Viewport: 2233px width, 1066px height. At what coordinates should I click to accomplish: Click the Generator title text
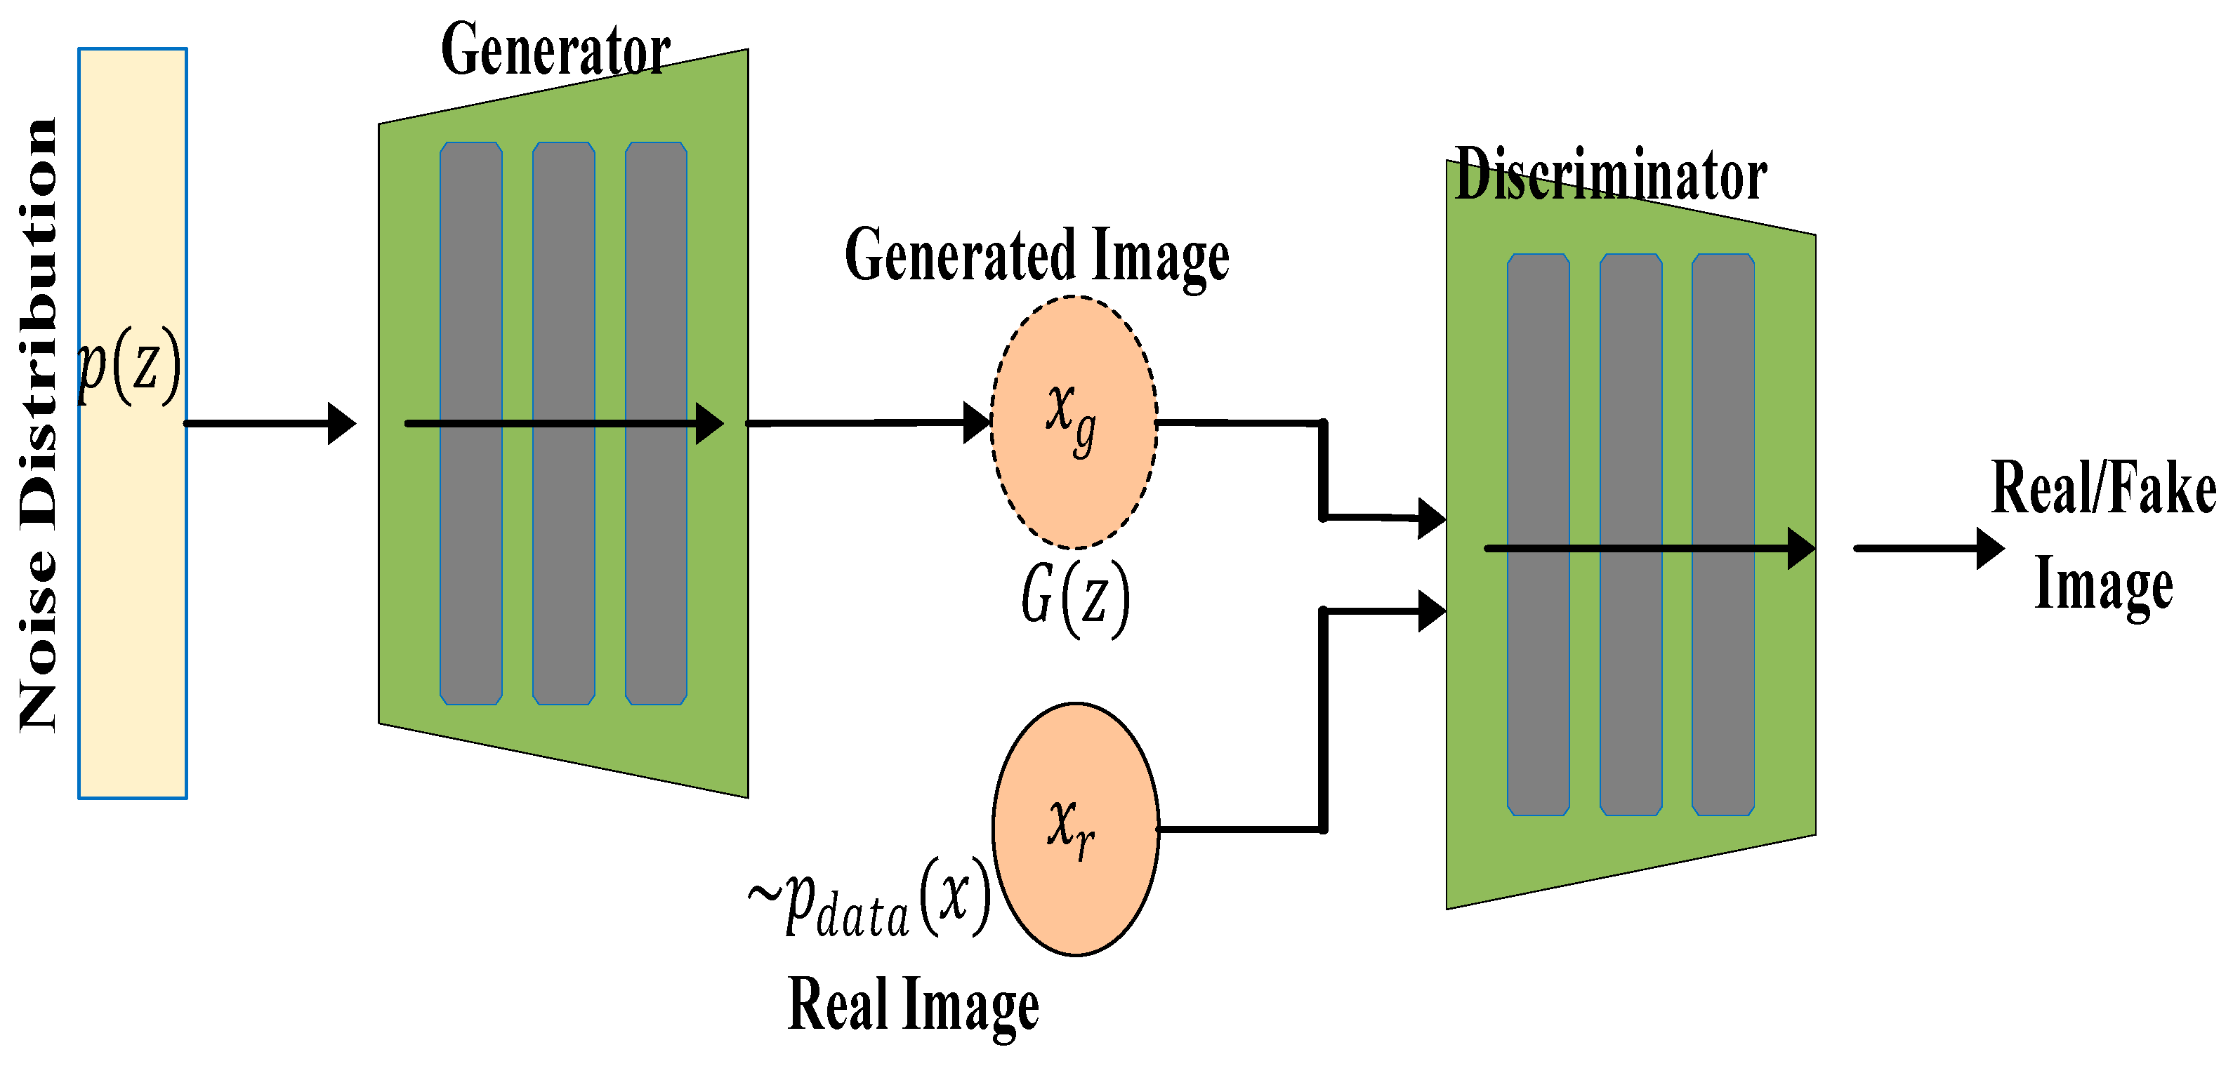[x=555, y=51]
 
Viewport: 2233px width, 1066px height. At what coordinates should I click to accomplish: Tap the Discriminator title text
[x=1609, y=175]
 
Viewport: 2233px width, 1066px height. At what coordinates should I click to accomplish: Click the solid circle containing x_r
[x=1075, y=830]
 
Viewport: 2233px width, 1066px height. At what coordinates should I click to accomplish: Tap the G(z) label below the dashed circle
[x=1075, y=598]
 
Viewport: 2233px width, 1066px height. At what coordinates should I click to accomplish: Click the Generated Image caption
[x=1036, y=255]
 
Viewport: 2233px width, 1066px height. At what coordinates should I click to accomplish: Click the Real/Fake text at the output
[x=2103, y=489]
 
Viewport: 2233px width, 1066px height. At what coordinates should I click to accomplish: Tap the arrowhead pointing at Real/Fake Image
[x=1989, y=549]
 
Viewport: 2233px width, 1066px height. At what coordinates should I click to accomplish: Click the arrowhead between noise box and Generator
[x=341, y=424]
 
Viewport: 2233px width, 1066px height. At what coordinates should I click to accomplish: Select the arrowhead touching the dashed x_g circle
[x=977, y=423]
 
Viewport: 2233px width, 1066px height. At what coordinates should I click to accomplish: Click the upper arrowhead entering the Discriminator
[x=1430, y=519]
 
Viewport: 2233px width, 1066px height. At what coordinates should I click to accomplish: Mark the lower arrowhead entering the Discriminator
[x=1431, y=611]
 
